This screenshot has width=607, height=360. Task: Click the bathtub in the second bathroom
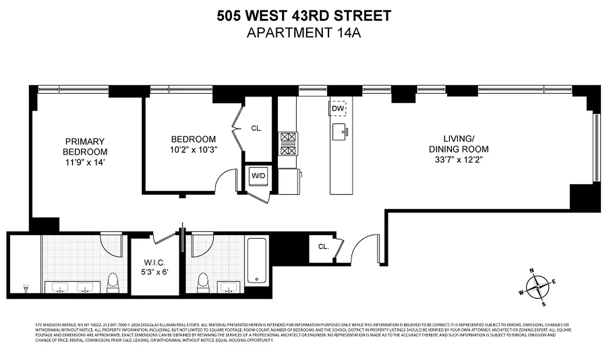point(257,261)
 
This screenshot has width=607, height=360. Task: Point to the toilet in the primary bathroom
point(113,283)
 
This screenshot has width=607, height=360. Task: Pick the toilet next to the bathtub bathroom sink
point(203,283)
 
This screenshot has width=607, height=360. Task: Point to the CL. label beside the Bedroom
point(256,128)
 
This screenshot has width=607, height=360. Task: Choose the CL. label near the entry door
point(323,247)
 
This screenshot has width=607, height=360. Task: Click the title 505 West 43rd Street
point(303,16)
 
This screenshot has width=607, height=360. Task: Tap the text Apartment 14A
point(303,33)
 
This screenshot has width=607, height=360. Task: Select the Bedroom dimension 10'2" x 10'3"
point(193,149)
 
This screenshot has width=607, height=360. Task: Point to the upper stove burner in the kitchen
point(288,137)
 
